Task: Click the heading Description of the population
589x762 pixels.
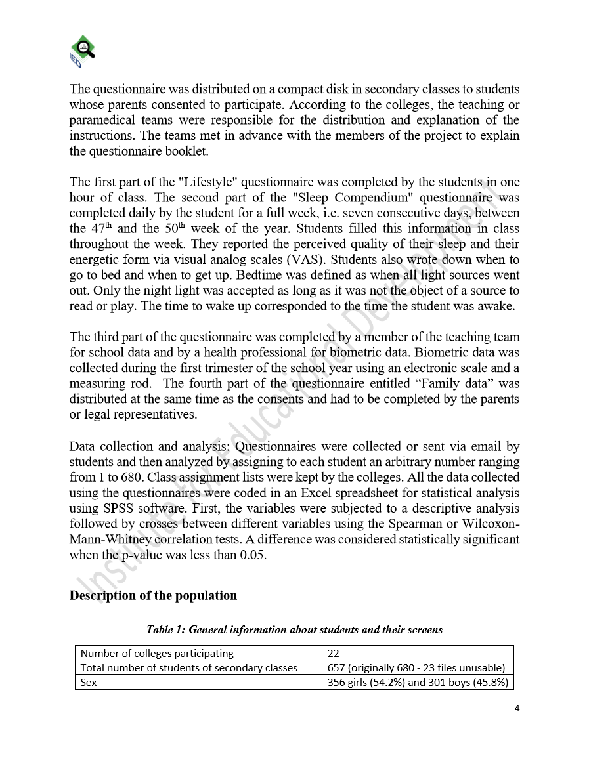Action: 153,596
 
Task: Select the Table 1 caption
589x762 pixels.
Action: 294,630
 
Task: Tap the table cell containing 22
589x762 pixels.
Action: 334,653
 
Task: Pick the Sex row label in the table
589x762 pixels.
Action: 88,683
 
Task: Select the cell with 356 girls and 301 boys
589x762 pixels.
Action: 418,683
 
